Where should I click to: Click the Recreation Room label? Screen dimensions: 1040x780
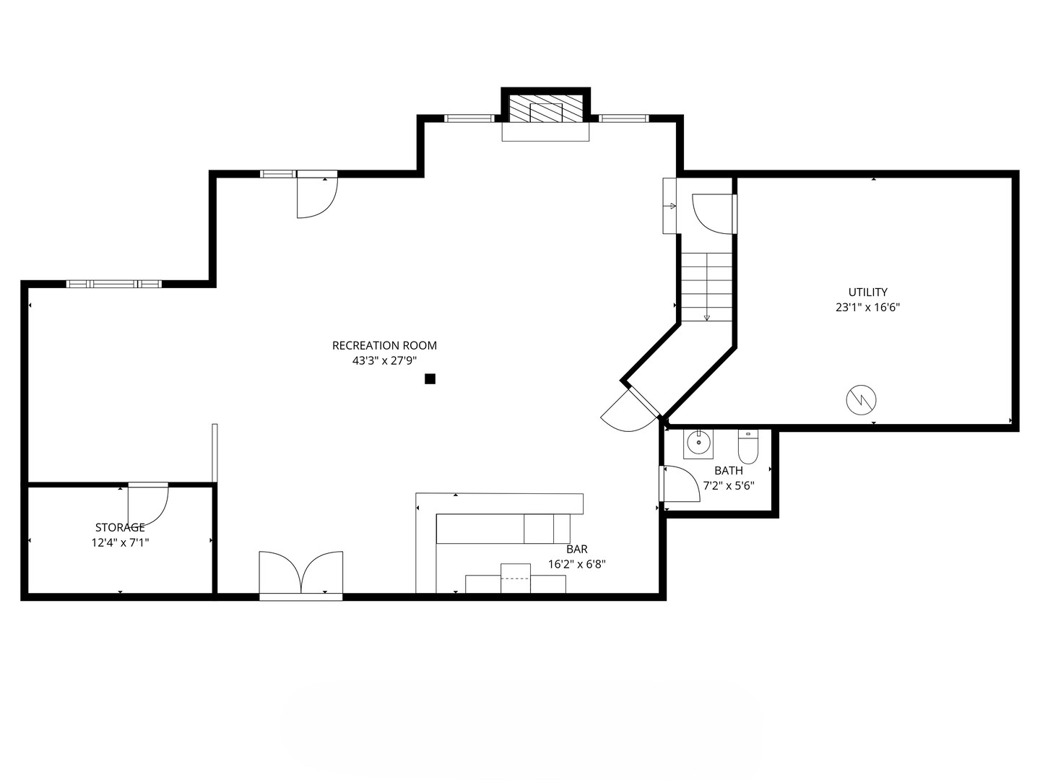pos(384,346)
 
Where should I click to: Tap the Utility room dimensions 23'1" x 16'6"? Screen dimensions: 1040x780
pos(867,308)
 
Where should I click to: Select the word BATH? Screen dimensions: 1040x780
pos(728,471)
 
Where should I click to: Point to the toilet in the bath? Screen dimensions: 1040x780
pos(747,446)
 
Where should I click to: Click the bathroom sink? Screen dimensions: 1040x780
pos(698,444)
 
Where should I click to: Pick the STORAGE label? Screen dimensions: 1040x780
pos(120,527)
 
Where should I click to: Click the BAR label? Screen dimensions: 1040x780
pos(576,549)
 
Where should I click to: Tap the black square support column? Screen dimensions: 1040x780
pos(430,379)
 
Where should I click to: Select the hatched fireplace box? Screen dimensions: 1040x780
pos(545,108)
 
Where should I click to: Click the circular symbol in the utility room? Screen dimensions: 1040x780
pos(861,400)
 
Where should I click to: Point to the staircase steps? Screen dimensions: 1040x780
pos(706,287)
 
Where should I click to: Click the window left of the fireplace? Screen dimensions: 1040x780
pos(469,118)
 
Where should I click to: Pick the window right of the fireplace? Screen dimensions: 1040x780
pos(623,118)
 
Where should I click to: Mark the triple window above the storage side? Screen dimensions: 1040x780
pos(113,284)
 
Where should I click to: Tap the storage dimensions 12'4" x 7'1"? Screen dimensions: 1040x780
pos(121,542)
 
